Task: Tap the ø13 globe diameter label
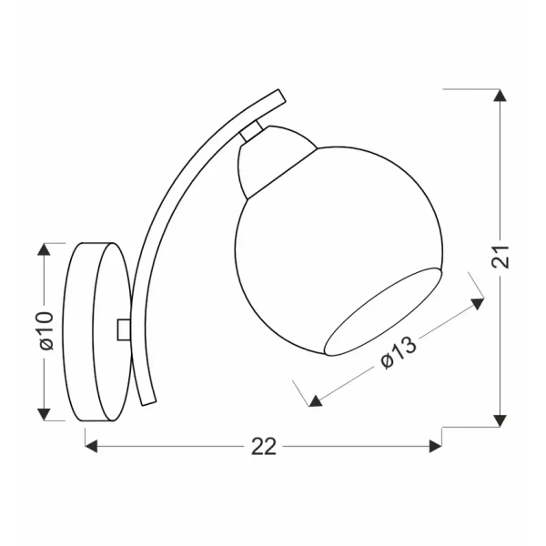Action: pos(398,352)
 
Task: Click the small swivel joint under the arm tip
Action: pos(254,131)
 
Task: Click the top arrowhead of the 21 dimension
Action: pos(499,95)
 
